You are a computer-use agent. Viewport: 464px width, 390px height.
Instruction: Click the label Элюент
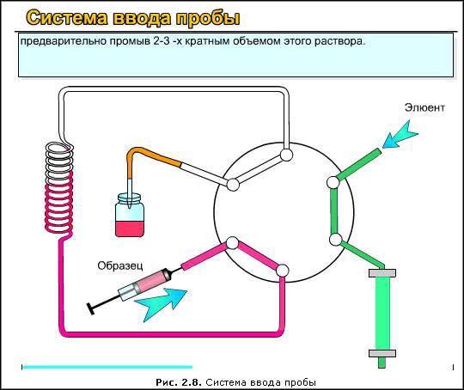point(424,107)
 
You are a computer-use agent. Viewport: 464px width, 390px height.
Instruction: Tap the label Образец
point(120,265)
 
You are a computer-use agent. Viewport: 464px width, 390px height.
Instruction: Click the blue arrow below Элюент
point(400,134)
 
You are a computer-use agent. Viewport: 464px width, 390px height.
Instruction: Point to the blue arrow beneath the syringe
point(161,303)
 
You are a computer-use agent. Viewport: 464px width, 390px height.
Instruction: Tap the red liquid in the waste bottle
point(130,229)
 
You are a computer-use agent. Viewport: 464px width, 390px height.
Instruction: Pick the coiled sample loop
point(59,189)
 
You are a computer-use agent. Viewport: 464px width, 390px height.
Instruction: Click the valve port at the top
point(286,155)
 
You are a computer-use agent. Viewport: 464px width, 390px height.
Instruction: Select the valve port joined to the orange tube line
point(233,185)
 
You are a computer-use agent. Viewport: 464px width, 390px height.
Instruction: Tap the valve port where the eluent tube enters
point(333,182)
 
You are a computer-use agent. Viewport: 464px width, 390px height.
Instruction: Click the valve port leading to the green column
point(336,240)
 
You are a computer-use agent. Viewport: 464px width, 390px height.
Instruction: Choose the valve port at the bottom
point(283,270)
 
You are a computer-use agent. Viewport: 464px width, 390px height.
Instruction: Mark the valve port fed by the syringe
point(232,243)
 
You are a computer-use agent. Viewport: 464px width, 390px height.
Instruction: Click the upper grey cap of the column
point(382,273)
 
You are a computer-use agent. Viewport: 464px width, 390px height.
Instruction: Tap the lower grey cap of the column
point(382,353)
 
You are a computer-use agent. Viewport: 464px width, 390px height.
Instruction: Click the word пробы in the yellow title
point(208,18)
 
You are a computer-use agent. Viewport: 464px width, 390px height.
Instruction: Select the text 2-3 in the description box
point(162,41)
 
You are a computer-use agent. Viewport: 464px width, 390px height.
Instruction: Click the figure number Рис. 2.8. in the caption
point(179,382)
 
